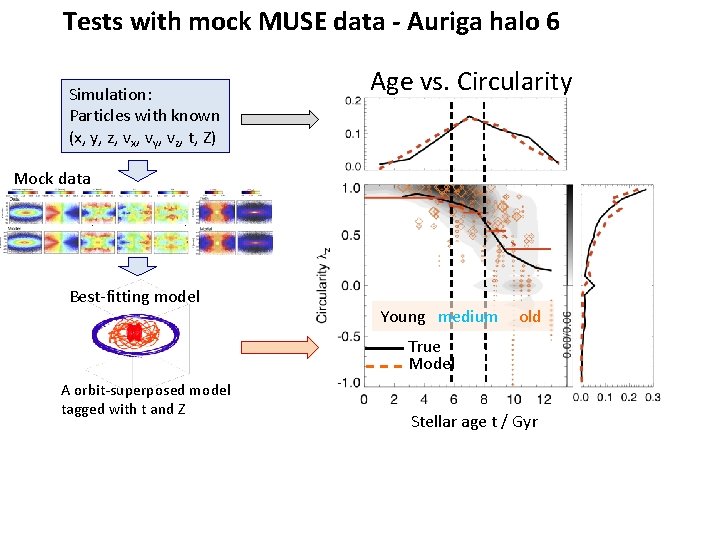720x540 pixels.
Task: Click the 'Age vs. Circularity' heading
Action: [471, 82]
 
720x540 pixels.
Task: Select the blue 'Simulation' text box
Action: [145, 115]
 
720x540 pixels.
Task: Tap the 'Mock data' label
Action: [52, 178]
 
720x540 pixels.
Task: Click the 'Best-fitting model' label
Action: [134, 296]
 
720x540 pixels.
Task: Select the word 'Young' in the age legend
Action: [403, 317]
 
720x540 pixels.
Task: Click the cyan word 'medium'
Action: [467, 317]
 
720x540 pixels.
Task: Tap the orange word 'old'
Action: [530, 317]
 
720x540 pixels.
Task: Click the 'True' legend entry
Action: [424, 347]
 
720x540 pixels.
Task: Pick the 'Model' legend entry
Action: [430, 364]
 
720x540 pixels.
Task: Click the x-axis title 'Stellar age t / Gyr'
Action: [474, 422]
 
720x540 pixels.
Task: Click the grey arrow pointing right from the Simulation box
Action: [281, 119]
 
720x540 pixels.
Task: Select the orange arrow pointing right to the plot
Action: [281, 347]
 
